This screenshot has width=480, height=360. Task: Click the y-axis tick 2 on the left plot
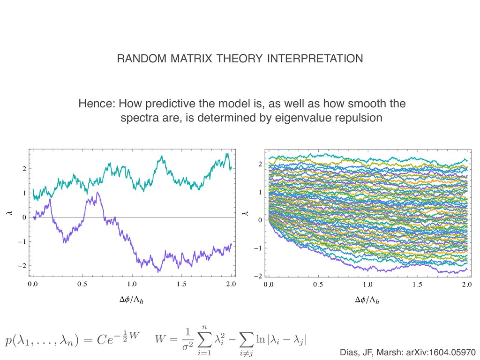coord(24,169)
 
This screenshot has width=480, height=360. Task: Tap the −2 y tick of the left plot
coord(22,266)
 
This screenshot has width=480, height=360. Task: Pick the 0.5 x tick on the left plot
coord(82,284)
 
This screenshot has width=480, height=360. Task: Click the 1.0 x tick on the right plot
coord(367,285)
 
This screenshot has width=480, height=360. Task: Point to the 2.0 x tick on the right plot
coord(466,285)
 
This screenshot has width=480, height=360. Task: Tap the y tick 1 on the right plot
coord(261,193)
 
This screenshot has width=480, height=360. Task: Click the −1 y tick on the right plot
coord(259,248)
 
